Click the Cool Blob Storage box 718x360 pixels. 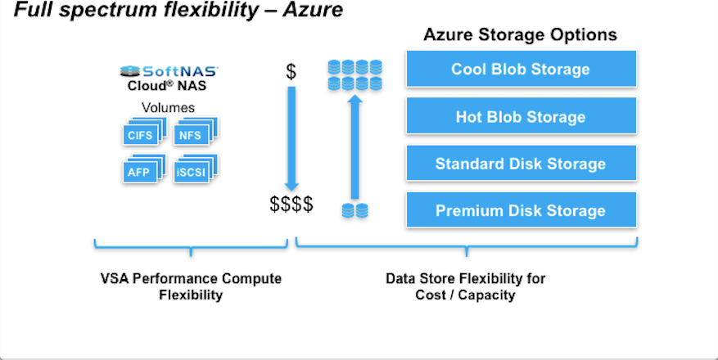tap(521, 70)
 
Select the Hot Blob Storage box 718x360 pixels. tap(521, 117)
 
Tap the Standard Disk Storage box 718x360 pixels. tap(521, 164)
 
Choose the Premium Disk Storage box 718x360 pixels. tap(521, 210)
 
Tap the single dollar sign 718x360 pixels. tap(291, 71)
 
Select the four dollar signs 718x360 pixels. tap(291, 205)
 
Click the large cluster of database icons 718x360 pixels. tap(354, 74)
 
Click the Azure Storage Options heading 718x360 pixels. tap(520, 35)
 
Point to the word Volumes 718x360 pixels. tap(169, 108)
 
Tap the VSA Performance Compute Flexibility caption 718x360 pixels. tap(190, 286)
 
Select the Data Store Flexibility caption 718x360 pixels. tap(465, 286)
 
